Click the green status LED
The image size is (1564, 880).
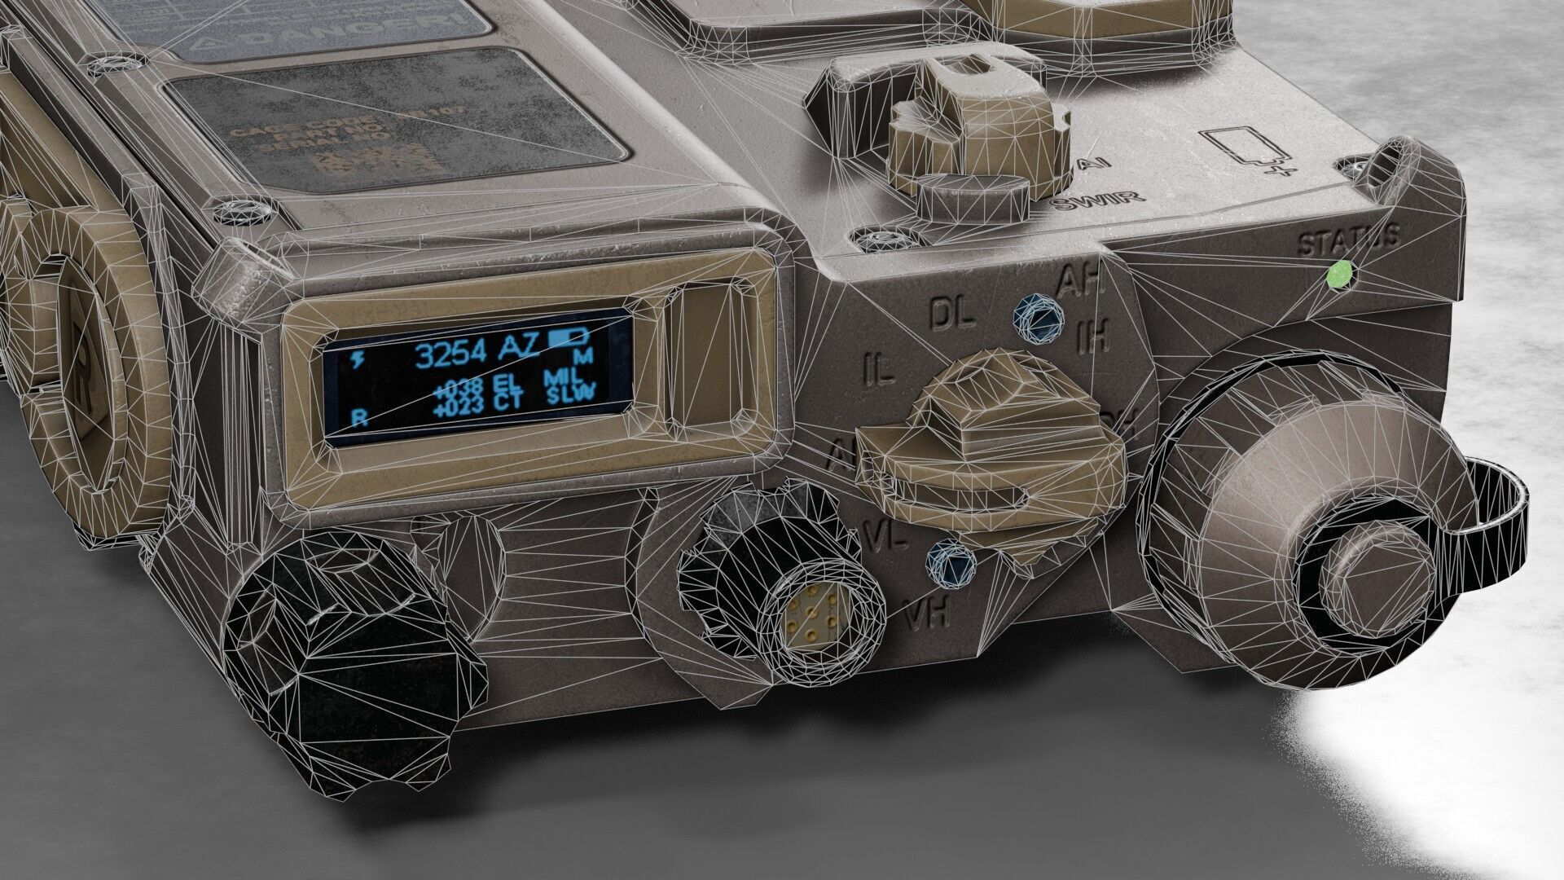tap(1339, 275)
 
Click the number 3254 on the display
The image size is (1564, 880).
tap(451, 352)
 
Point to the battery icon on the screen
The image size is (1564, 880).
tap(570, 337)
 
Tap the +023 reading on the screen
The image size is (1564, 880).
tap(459, 404)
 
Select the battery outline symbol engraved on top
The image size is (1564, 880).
tap(1240, 152)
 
